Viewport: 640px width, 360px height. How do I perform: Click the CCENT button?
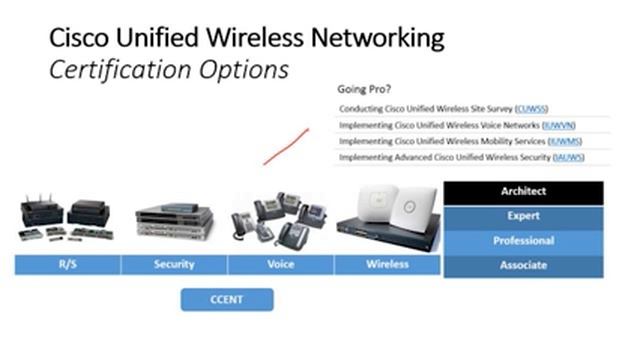[227, 298]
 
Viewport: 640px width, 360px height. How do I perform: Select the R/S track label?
[67, 265]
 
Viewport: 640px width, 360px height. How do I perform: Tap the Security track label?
[174, 265]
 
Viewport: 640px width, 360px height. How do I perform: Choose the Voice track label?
[281, 265]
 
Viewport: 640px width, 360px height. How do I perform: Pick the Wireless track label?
[388, 265]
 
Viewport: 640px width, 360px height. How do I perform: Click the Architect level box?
[523, 191]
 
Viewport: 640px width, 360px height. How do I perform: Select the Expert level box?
[523, 216]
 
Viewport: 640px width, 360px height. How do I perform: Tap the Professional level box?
[523, 241]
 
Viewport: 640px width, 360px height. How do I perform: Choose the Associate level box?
[523, 266]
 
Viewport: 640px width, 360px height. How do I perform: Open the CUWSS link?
[532, 109]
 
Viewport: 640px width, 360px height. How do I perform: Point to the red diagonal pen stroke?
[284, 145]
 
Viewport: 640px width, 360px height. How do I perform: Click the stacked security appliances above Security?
[174, 220]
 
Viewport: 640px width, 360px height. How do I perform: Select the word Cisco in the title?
[79, 39]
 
